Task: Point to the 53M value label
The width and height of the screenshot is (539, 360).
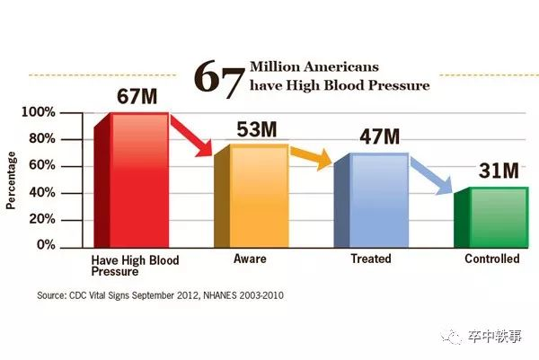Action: (x=256, y=129)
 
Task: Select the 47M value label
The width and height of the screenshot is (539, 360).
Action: (x=378, y=137)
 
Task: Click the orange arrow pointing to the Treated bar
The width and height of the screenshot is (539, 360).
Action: (x=313, y=158)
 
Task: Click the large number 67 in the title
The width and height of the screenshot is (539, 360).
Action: (x=220, y=77)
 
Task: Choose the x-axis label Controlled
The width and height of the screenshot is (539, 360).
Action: (x=491, y=259)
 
